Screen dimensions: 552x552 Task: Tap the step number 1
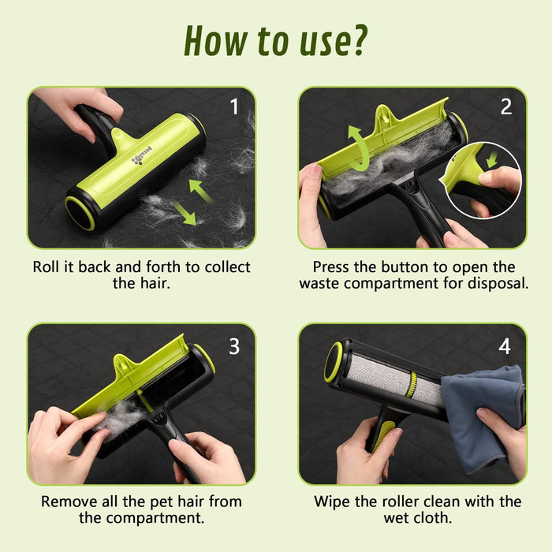pos(234,106)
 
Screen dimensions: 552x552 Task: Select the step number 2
pos(506,106)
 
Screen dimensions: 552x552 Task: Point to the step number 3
pos(234,346)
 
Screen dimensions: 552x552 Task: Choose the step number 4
pos(505,346)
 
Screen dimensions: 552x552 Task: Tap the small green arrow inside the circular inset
pos(492,159)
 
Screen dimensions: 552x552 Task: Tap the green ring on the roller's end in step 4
pos(333,362)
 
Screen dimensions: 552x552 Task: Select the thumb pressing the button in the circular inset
pos(499,177)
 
